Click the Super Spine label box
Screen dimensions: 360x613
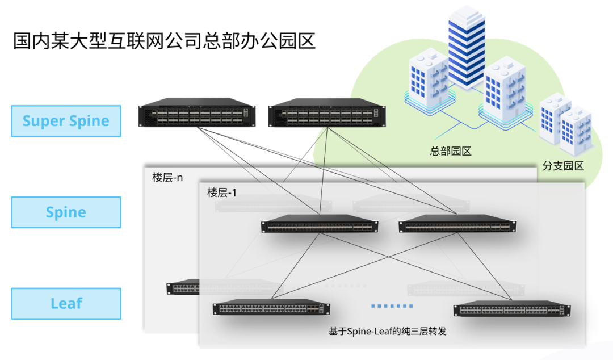pos(66,121)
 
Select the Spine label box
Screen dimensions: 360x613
pos(66,212)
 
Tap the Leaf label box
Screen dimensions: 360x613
pos(66,303)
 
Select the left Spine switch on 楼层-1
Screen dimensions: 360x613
pos(320,225)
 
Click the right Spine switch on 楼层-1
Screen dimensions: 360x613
pos(457,225)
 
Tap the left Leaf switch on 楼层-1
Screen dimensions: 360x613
pos(271,308)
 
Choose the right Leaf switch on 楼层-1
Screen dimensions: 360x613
pos(512,309)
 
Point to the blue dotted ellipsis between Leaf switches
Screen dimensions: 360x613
pos(392,306)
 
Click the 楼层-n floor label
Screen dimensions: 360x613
pos(167,177)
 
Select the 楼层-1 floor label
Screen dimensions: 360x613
pos(222,192)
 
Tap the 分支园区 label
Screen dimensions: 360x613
pos(563,166)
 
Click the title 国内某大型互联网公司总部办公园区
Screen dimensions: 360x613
pos(164,41)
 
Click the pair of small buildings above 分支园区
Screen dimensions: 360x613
pos(565,124)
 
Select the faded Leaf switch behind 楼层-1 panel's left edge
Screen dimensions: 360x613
pos(182,288)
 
